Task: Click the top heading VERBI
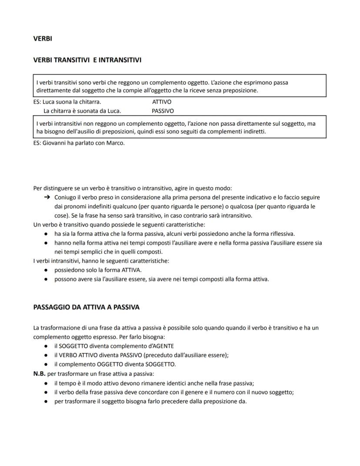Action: (x=43, y=39)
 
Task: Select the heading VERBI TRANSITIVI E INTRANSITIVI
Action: (x=87, y=60)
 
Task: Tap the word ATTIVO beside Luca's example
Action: (x=162, y=102)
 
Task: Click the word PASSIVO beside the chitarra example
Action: (x=163, y=111)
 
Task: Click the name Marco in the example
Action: (x=115, y=143)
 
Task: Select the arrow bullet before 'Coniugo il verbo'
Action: (x=47, y=197)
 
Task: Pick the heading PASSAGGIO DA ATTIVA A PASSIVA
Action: (x=86, y=307)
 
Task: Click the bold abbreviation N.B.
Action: (x=40, y=373)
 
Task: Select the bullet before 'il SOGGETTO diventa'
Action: (x=46, y=346)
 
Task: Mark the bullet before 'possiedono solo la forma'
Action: (x=46, y=270)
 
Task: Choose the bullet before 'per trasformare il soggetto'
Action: (x=46, y=401)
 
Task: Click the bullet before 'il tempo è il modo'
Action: (x=46, y=383)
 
